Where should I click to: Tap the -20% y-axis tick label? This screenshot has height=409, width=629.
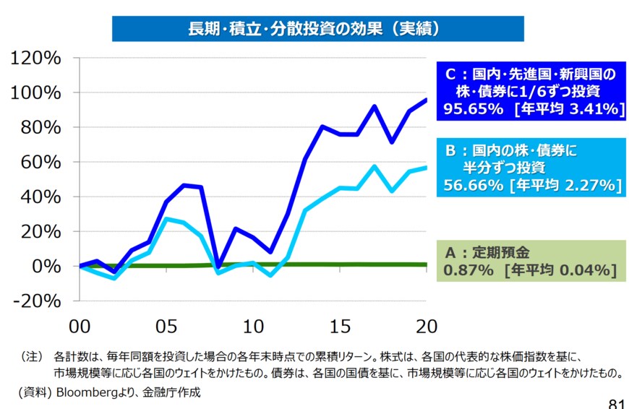click(x=36, y=301)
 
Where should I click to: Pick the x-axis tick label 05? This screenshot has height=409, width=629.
click(x=166, y=326)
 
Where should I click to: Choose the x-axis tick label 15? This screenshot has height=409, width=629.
click(x=340, y=326)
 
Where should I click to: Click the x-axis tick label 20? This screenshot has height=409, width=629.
click(x=426, y=326)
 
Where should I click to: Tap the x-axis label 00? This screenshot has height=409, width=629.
click(x=80, y=326)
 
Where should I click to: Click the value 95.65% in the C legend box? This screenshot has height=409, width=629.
click(x=474, y=109)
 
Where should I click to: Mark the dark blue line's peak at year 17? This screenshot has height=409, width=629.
click(x=375, y=106)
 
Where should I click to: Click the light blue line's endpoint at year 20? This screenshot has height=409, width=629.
click(x=427, y=167)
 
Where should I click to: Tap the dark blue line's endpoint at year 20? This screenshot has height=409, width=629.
click(x=427, y=100)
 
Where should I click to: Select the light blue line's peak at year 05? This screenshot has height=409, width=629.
click(x=166, y=218)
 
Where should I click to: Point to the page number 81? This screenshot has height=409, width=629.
click(x=616, y=402)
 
